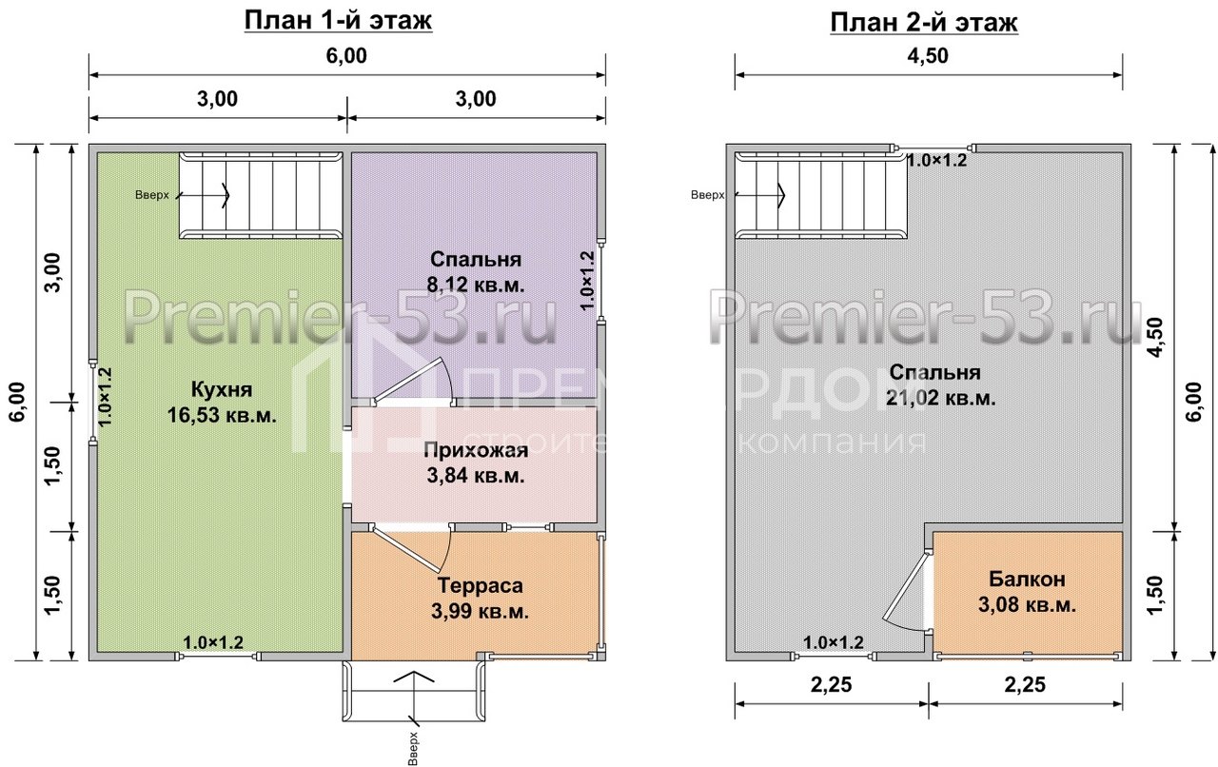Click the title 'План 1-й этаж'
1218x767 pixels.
coord(338,21)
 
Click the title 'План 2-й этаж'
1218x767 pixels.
coord(924,23)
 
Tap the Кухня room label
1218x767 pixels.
coord(222,389)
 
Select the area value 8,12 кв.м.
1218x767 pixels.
coord(476,285)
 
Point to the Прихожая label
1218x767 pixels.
coord(476,450)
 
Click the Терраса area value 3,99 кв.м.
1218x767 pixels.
coord(481,612)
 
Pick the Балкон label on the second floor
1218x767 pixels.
coord(1027,579)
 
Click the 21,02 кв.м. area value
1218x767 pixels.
coord(941,398)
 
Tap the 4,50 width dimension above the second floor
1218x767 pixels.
coord(928,56)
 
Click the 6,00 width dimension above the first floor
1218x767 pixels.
coord(346,56)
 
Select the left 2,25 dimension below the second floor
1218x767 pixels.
coord(832,685)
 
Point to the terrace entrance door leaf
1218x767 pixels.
coord(406,549)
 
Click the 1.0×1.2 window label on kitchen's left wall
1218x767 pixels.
coord(105,397)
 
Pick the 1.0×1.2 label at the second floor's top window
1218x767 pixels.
coord(937,161)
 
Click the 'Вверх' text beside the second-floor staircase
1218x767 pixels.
coord(707,195)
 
